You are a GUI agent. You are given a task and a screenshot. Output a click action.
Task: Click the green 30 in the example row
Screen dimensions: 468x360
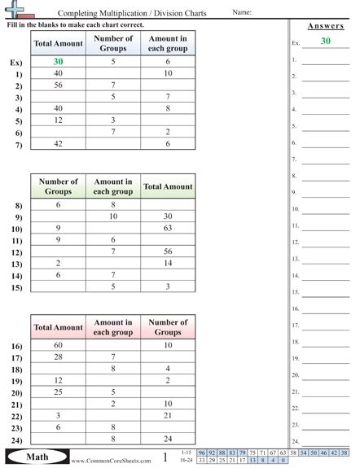58,61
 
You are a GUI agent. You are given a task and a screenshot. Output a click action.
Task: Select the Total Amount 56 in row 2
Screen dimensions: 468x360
58,85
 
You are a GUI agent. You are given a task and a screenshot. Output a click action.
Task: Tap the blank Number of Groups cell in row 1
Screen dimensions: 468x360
113,73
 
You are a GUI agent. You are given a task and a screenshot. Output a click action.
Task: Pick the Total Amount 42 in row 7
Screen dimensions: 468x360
58,143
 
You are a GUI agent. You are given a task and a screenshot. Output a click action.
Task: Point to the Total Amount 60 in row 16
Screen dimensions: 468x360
58,346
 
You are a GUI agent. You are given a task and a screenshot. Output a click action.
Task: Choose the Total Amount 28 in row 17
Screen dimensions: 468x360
58,357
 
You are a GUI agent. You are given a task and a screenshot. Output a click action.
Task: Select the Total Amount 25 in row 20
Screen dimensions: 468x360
58,392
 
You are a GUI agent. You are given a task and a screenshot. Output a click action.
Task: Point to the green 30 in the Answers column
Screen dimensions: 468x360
326,41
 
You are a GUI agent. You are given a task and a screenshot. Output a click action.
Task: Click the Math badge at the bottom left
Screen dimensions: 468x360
32,457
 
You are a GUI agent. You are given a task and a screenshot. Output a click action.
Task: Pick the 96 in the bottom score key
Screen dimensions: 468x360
201,452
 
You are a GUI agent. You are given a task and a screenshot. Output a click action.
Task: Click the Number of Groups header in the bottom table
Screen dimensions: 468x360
169,327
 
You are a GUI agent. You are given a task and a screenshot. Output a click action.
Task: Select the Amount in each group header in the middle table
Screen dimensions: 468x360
113,186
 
